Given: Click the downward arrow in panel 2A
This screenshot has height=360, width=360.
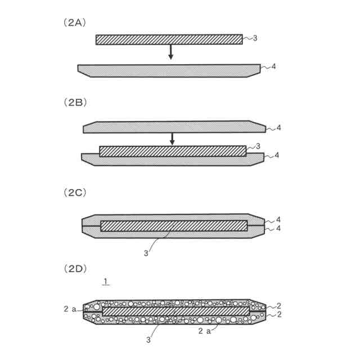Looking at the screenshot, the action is [171, 52].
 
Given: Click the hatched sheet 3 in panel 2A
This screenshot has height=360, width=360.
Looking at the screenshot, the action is [169, 39].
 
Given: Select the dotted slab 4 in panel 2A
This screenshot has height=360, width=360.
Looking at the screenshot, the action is [169, 70].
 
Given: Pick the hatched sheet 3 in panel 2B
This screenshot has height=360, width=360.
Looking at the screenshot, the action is [173, 151].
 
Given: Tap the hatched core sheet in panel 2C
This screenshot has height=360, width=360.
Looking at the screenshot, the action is [174, 226].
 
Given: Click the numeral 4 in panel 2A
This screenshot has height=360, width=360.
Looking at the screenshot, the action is [274, 66].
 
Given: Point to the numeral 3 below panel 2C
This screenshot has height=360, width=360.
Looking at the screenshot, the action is [146, 253].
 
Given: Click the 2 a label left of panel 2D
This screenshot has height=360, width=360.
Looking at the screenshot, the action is [69, 308].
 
